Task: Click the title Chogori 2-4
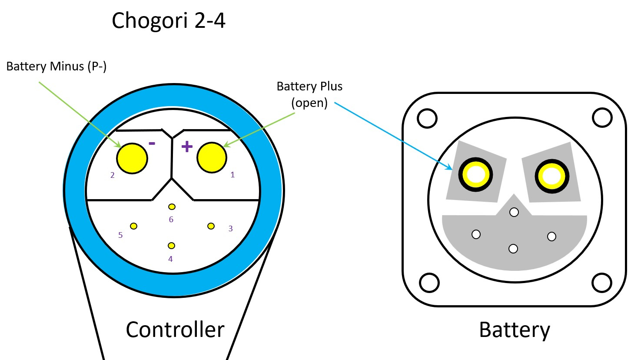(169, 20)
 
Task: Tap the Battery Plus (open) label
(309, 95)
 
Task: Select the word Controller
(175, 330)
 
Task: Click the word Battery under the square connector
(514, 330)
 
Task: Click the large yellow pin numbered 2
(132, 159)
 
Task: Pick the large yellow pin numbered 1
(212, 157)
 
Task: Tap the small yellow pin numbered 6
(172, 207)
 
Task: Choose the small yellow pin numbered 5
(133, 226)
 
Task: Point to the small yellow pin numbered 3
(211, 226)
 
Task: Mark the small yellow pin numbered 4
(171, 246)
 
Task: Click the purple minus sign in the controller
(152, 143)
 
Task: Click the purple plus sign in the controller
(187, 147)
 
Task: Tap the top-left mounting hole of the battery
(426, 118)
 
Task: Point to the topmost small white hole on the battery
(514, 212)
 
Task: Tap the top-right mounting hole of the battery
(602, 118)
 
